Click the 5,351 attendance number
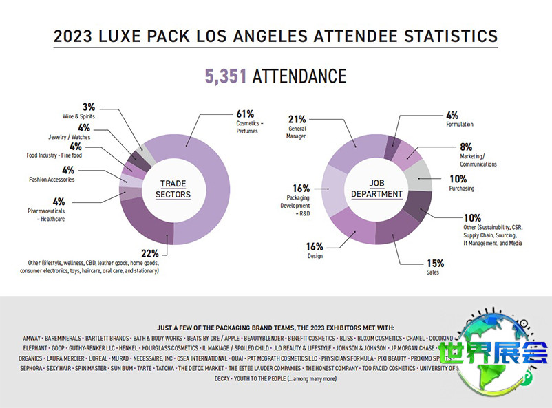coord(226,76)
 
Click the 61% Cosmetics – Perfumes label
coord(246,120)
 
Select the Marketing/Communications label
coord(477,155)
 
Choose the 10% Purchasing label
coord(461,183)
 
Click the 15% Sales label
coord(435,266)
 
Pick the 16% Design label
coord(315,250)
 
